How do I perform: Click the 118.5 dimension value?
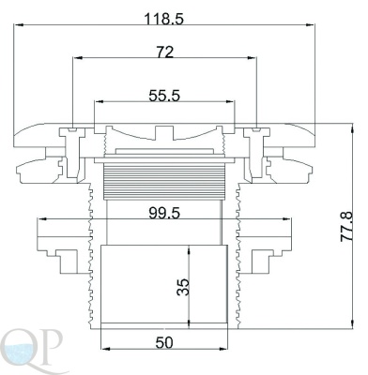coord(163,19)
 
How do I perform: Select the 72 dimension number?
coord(164,52)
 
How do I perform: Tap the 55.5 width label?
coord(164,96)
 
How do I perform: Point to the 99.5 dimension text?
coord(164,214)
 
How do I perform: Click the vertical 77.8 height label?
coord(346,226)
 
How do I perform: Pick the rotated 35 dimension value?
coord(183,287)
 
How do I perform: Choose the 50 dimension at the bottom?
coord(164,343)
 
